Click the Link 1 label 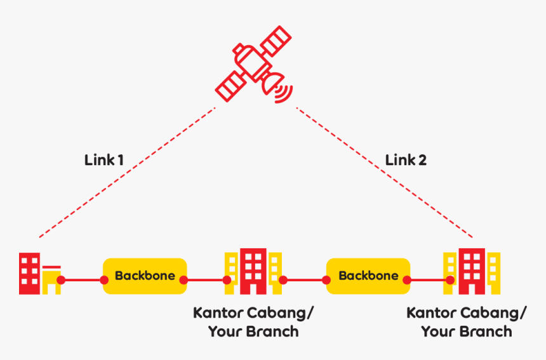pos(103,160)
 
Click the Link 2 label pos(406,160)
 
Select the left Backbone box pos(145,276)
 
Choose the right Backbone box pos(368,276)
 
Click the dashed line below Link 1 pos(127,172)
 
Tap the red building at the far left pos(29,274)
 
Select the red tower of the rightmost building pos(472,270)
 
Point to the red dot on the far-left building pos(61,279)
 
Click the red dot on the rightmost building pos(450,279)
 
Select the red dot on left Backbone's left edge pos(104,279)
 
